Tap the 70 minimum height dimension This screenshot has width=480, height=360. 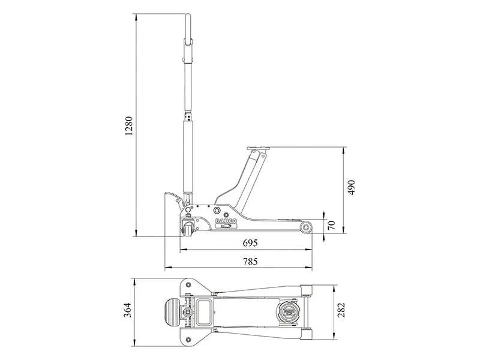click(331, 226)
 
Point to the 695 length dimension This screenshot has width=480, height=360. click(250, 243)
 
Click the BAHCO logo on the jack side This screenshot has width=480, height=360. click(227, 221)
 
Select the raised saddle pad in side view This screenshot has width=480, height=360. click(259, 148)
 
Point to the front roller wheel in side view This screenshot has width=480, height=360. click(306, 227)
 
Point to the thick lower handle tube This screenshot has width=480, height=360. click(188, 156)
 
